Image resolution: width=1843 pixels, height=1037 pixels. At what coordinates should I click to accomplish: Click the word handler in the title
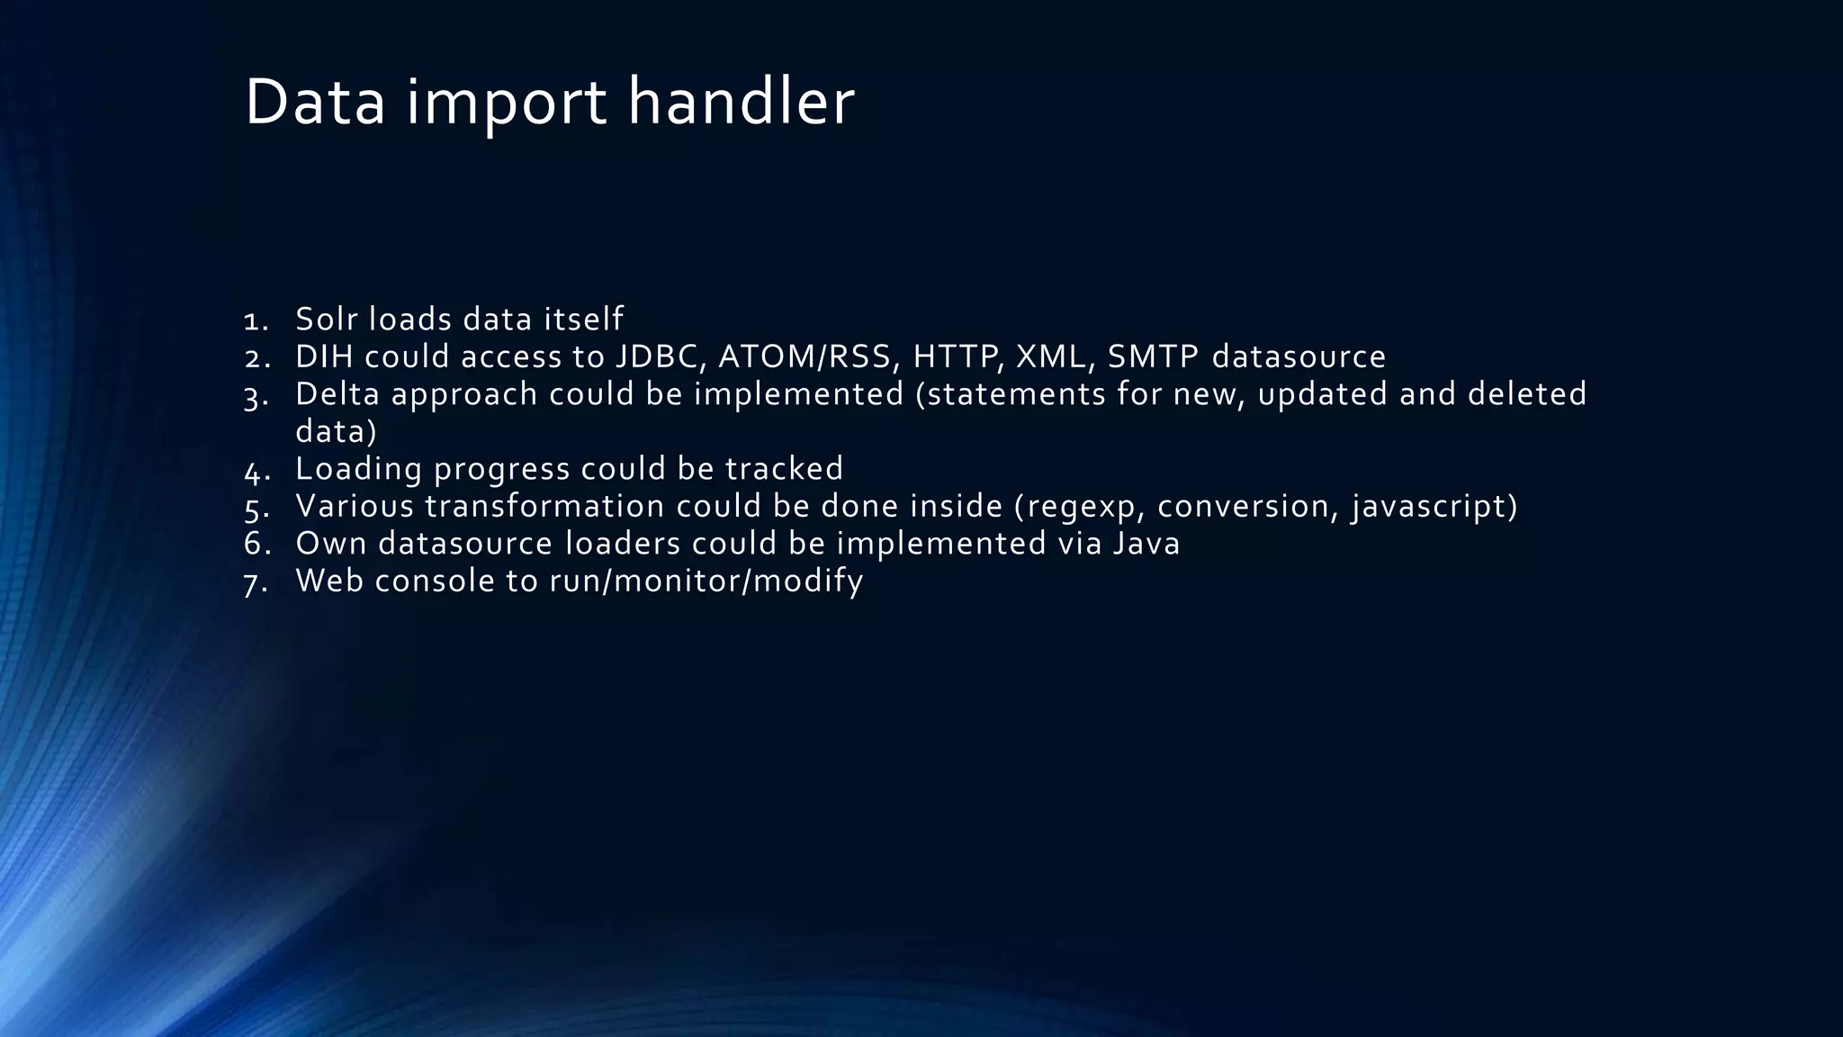tap(740, 103)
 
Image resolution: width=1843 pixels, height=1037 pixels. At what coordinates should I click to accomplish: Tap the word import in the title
tap(506, 103)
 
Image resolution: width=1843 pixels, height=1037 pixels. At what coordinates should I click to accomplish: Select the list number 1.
tap(256, 320)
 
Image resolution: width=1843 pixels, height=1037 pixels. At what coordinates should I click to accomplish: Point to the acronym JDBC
tap(660, 356)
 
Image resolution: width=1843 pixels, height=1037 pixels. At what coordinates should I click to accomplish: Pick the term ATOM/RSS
tap(809, 356)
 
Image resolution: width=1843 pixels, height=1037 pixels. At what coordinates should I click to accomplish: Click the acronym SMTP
tap(1153, 356)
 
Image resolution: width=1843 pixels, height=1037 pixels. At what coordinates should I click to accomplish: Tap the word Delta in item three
tap(337, 394)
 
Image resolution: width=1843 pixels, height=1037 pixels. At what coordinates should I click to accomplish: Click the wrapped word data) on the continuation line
tap(337, 432)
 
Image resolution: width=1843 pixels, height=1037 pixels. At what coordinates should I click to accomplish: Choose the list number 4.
tap(256, 471)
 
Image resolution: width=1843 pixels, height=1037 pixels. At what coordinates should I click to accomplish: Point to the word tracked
tap(784, 469)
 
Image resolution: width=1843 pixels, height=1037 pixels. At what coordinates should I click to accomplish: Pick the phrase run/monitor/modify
tap(706, 582)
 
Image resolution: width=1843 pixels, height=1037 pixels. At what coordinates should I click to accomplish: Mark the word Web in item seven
tap(328, 582)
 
